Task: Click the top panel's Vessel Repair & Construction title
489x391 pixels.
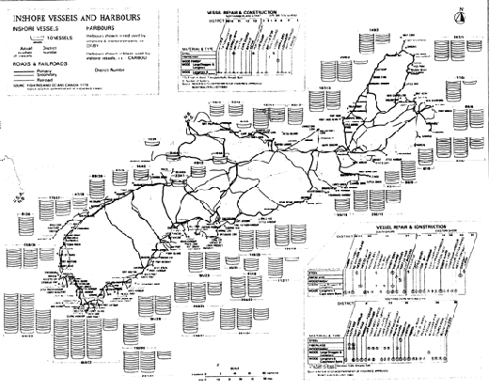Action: (x=248, y=8)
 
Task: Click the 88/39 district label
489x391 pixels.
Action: (x=98, y=176)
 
